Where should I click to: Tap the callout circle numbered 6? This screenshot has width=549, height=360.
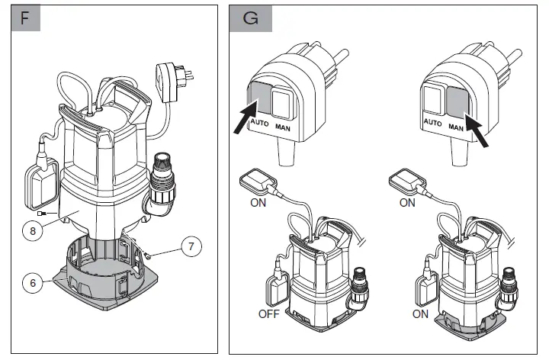point(31,282)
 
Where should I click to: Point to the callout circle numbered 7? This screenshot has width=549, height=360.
point(192,246)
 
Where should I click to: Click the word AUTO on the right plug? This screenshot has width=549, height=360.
point(432,124)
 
